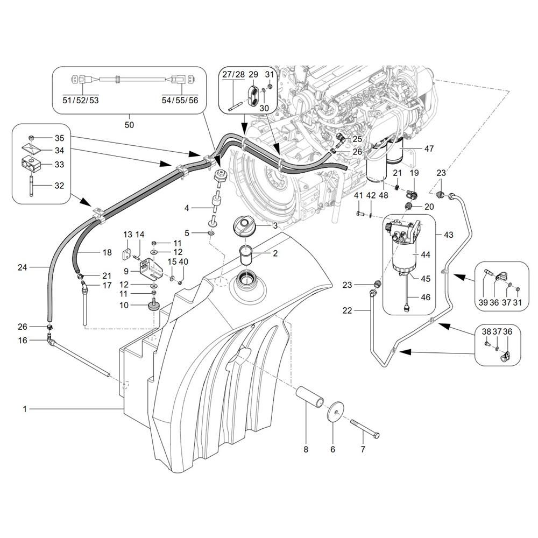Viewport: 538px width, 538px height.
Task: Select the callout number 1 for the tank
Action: (x=25, y=409)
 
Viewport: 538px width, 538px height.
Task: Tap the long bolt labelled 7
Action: (x=366, y=430)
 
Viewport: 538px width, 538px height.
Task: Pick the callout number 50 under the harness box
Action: (x=129, y=125)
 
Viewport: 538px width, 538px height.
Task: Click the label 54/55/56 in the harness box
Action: (x=180, y=100)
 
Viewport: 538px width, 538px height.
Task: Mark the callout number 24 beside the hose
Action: (x=22, y=266)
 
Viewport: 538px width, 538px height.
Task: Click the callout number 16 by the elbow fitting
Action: (x=23, y=341)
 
